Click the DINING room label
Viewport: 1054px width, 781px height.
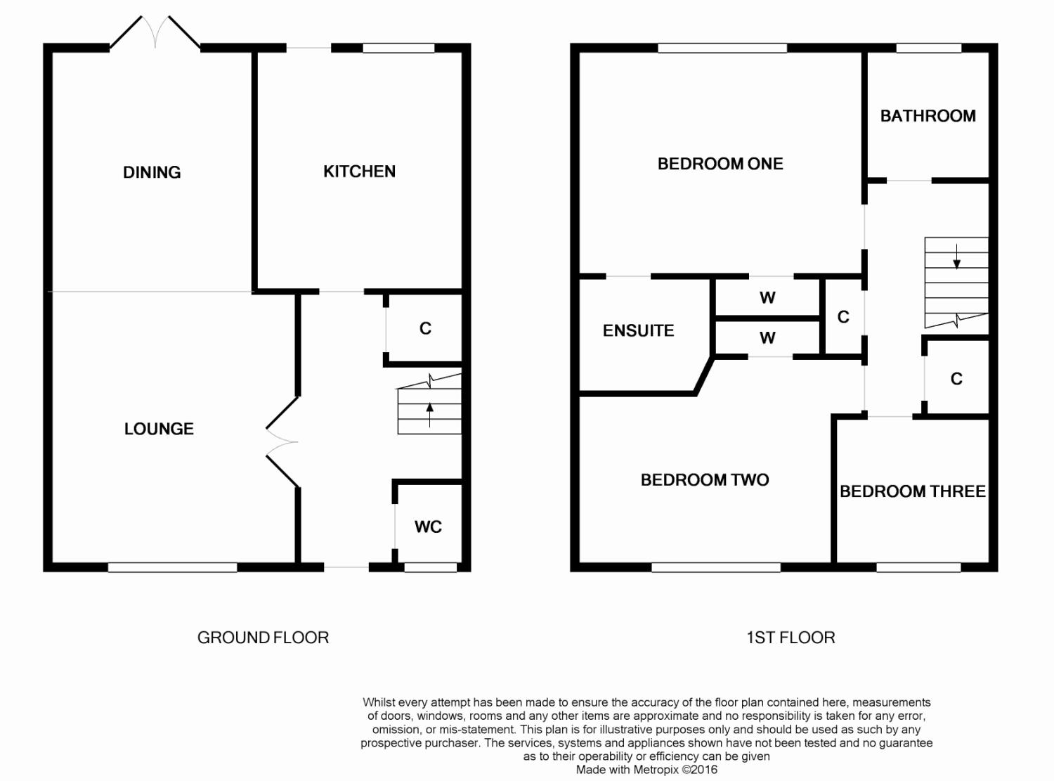pyautogui.click(x=152, y=172)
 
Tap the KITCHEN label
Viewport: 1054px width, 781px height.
pyautogui.click(x=359, y=172)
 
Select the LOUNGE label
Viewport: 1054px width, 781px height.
pyautogui.click(x=159, y=429)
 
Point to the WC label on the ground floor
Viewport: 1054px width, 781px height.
pyautogui.click(x=428, y=527)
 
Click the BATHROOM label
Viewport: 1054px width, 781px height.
pyautogui.click(x=928, y=116)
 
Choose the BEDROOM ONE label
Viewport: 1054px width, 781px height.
pyautogui.click(x=720, y=164)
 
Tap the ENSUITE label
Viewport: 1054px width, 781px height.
pyautogui.click(x=638, y=331)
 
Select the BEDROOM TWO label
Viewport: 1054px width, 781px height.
pyautogui.click(x=705, y=480)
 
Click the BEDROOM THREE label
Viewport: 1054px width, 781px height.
pyautogui.click(x=912, y=491)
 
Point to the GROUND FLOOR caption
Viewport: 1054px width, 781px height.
pyautogui.click(x=263, y=638)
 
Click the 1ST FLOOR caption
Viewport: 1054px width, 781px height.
pyautogui.click(x=790, y=638)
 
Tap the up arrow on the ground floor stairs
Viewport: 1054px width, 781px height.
pyautogui.click(x=429, y=415)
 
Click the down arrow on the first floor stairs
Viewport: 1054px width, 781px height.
pyautogui.click(x=956, y=257)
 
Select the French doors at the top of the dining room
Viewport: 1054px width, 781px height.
pyautogui.click(x=155, y=32)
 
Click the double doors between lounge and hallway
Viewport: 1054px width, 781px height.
pyautogui.click(x=282, y=442)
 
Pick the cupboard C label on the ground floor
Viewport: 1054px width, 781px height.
pyautogui.click(x=425, y=328)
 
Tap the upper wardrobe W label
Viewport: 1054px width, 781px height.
pyautogui.click(x=767, y=298)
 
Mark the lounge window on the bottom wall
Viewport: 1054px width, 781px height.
pyautogui.click(x=172, y=567)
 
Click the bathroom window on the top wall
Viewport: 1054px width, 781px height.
pyautogui.click(x=928, y=48)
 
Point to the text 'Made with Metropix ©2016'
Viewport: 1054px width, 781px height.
pyautogui.click(x=646, y=770)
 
